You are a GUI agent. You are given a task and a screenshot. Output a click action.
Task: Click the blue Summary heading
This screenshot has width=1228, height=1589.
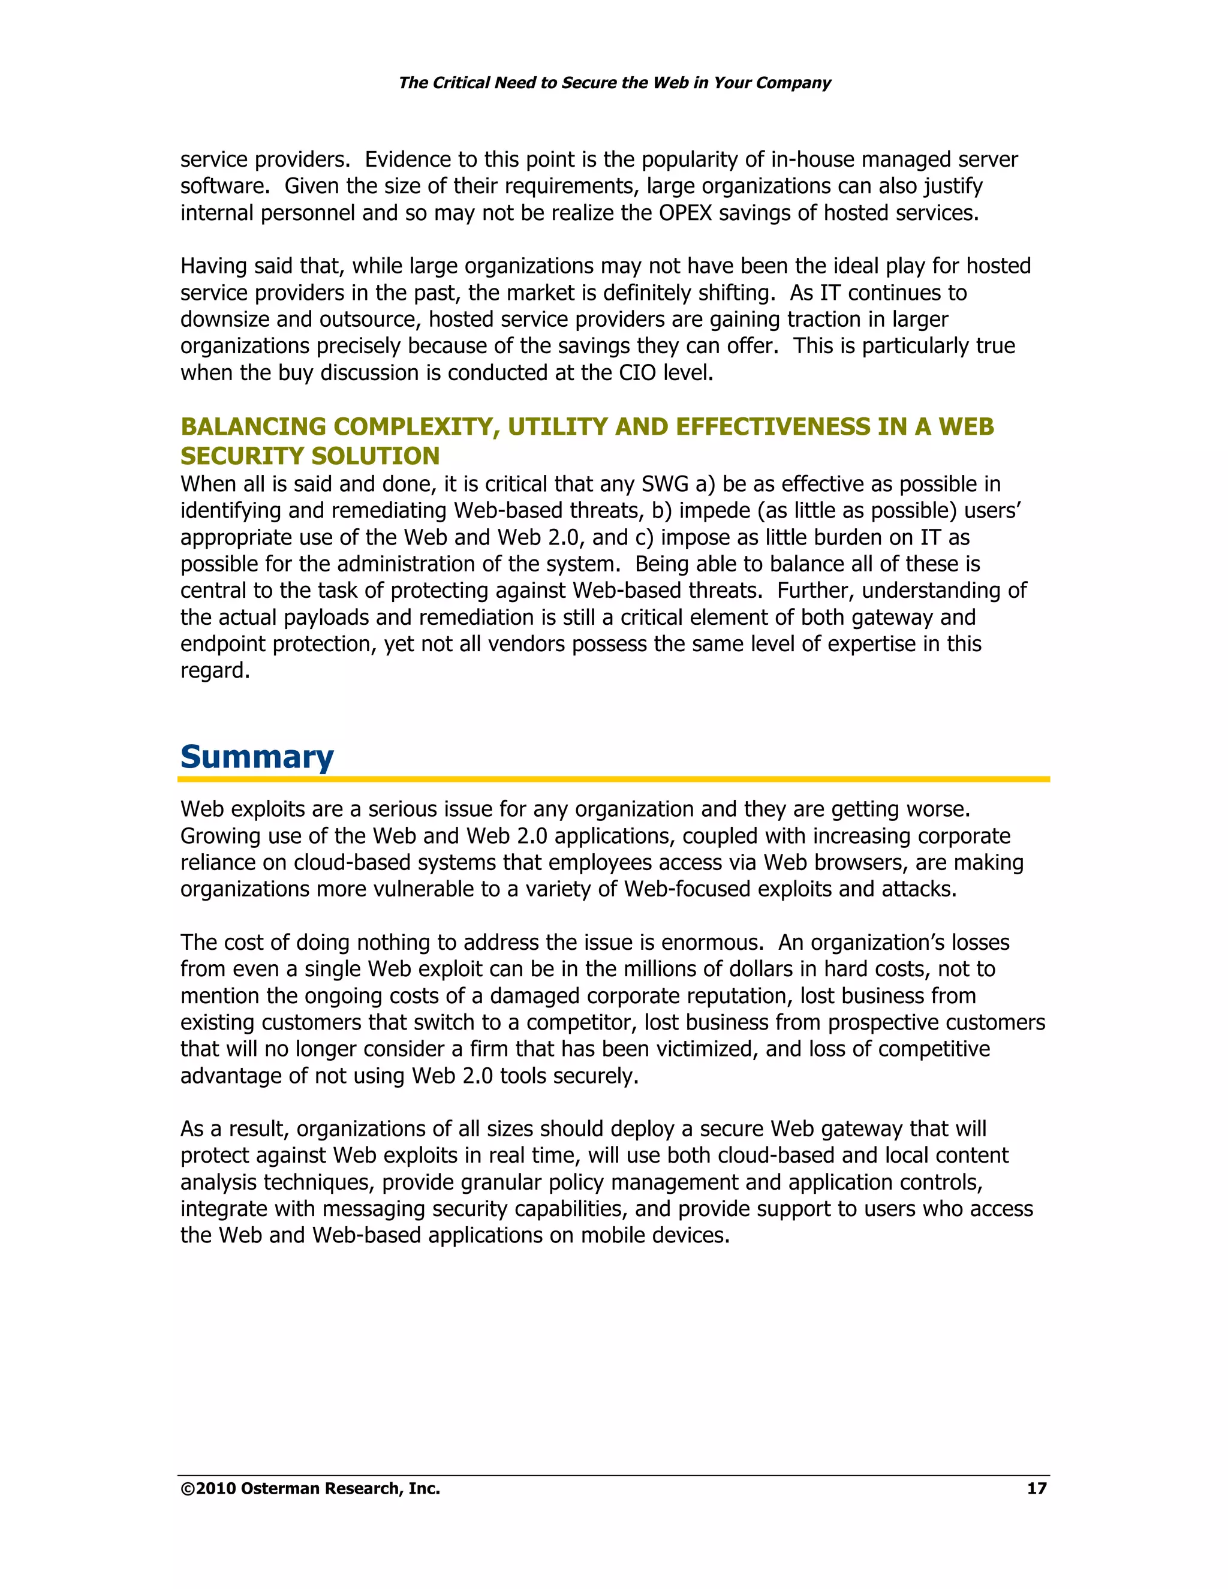coord(257,757)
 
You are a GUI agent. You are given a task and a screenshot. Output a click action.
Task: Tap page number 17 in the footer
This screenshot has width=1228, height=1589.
coord(1036,1489)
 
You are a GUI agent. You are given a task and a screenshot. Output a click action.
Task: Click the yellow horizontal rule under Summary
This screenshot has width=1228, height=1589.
coord(613,780)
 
